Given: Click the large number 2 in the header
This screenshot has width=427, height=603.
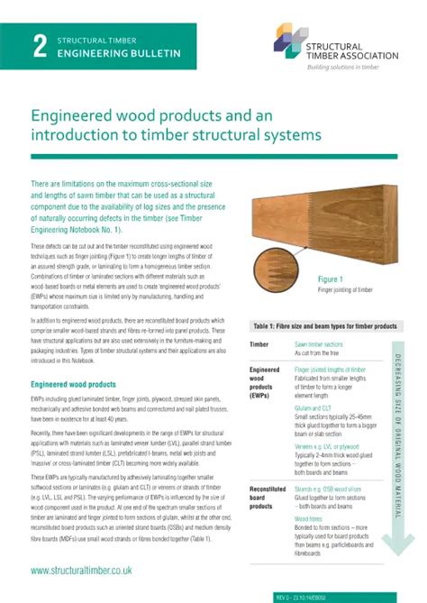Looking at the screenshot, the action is tap(39, 49).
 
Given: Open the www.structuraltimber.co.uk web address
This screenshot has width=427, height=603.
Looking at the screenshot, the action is tap(81, 570).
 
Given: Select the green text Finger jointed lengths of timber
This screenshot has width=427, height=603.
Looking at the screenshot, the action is tap(330, 370).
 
